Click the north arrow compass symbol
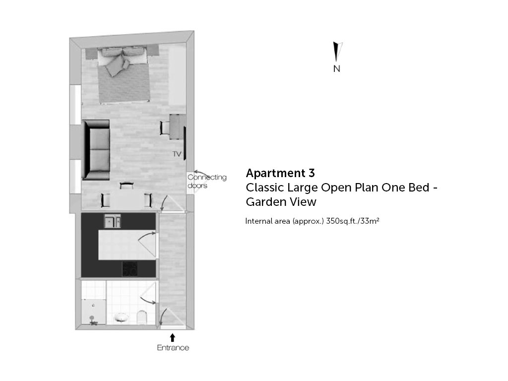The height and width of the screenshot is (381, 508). (337, 52)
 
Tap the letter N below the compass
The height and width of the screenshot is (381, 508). (337, 68)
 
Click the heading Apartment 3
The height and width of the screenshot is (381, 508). (280, 173)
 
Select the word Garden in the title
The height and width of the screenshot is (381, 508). (265, 202)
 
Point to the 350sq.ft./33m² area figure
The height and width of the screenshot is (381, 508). (353, 221)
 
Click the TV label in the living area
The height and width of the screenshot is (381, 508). (177, 154)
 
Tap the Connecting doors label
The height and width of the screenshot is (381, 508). (207, 182)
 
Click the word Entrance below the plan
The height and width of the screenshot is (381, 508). (173, 348)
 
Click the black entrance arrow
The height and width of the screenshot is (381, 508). (173, 337)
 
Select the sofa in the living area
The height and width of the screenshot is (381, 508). (96, 150)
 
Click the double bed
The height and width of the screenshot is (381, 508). (124, 75)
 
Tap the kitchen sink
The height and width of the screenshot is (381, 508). (113, 221)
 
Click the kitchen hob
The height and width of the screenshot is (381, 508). (129, 269)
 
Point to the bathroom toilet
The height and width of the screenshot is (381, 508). (142, 317)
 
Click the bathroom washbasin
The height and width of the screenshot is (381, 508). (122, 317)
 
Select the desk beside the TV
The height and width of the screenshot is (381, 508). (177, 127)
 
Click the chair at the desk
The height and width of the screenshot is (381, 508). (165, 127)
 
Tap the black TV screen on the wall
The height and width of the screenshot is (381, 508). (185, 143)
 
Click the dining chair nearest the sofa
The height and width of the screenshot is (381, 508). (127, 186)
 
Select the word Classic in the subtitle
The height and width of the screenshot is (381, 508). (266, 188)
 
